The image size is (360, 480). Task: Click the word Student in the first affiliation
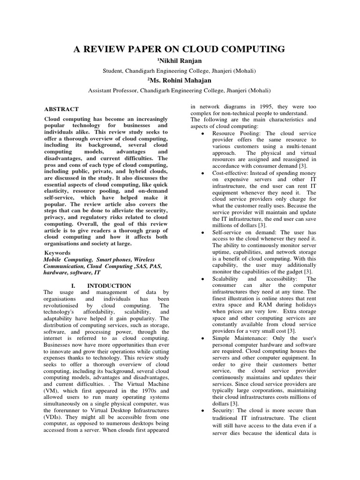click(114, 71)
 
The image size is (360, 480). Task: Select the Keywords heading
click(57, 252)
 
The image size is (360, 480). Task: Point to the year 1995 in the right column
click(251, 106)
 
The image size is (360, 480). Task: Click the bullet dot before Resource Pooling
click(201, 134)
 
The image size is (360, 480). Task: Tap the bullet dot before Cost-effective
click(201, 173)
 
